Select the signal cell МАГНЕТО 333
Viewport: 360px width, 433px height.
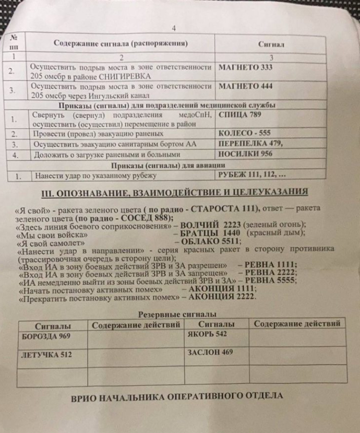point(245,67)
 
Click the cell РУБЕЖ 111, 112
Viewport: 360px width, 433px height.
point(251,174)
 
